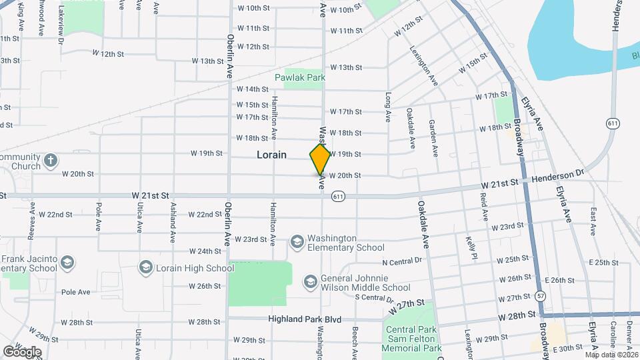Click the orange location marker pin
tap(320, 159)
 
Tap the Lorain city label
tap(272, 155)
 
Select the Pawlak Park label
tap(300, 77)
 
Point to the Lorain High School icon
tap(145, 268)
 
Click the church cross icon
tap(51, 161)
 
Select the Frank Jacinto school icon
tap(67, 263)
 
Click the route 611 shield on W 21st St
tap(339, 196)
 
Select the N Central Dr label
tap(402, 261)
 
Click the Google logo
tap(22, 351)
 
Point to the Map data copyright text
tap(611, 355)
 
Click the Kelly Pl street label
tap(472, 247)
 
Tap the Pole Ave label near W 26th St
tap(75, 292)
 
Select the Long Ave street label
tap(387, 107)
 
